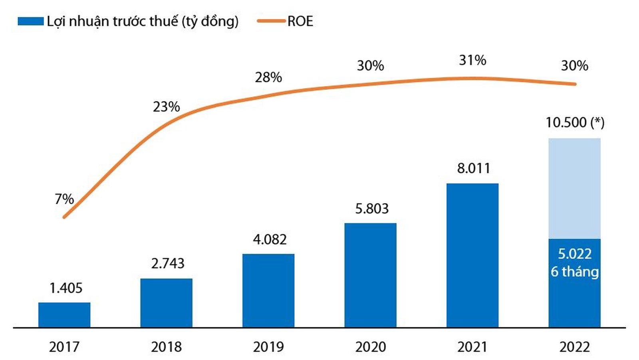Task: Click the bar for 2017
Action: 64,315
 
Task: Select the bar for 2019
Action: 268,291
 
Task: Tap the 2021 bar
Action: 472,255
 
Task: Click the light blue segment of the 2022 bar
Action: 574,188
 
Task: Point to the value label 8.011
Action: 473,168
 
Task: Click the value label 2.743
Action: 168,263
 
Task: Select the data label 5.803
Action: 372,208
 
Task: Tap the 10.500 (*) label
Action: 575,123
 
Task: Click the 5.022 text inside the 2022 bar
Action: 575,254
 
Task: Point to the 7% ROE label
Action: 64,199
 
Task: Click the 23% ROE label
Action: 166,107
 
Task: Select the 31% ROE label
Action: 472,60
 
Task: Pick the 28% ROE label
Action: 268,77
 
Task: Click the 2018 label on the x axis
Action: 166,347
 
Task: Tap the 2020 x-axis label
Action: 371,347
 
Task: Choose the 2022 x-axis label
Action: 574,347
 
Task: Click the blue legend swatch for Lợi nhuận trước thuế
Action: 31,22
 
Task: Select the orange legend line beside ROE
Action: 272,22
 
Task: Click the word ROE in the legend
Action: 300,22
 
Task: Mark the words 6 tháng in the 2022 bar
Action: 575,272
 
